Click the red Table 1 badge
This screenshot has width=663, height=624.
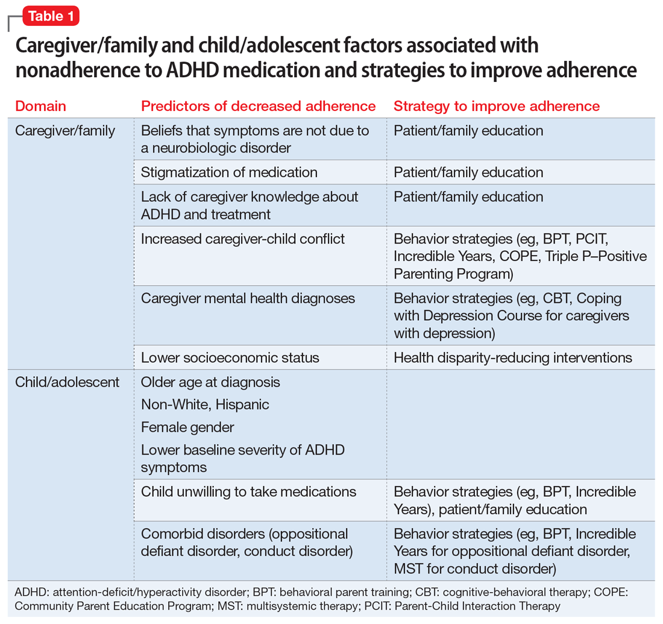click(51, 16)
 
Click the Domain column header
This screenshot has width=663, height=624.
click(40, 107)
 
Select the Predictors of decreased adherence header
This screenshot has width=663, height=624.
click(258, 107)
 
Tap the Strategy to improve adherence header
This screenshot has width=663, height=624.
click(497, 107)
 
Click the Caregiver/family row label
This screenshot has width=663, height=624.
click(65, 131)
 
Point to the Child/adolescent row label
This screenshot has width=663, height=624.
click(68, 382)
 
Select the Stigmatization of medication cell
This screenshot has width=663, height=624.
click(229, 172)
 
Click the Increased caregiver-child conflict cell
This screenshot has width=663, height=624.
click(243, 239)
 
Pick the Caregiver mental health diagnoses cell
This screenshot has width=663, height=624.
click(248, 298)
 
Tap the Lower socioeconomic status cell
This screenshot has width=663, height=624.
click(230, 358)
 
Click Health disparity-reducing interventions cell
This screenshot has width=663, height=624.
click(513, 358)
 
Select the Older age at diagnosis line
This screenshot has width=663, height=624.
click(210, 382)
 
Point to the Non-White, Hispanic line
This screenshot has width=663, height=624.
click(205, 405)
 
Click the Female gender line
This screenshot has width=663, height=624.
click(187, 427)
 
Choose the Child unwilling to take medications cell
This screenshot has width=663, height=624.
click(248, 492)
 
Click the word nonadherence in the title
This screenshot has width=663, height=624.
click(78, 70)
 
